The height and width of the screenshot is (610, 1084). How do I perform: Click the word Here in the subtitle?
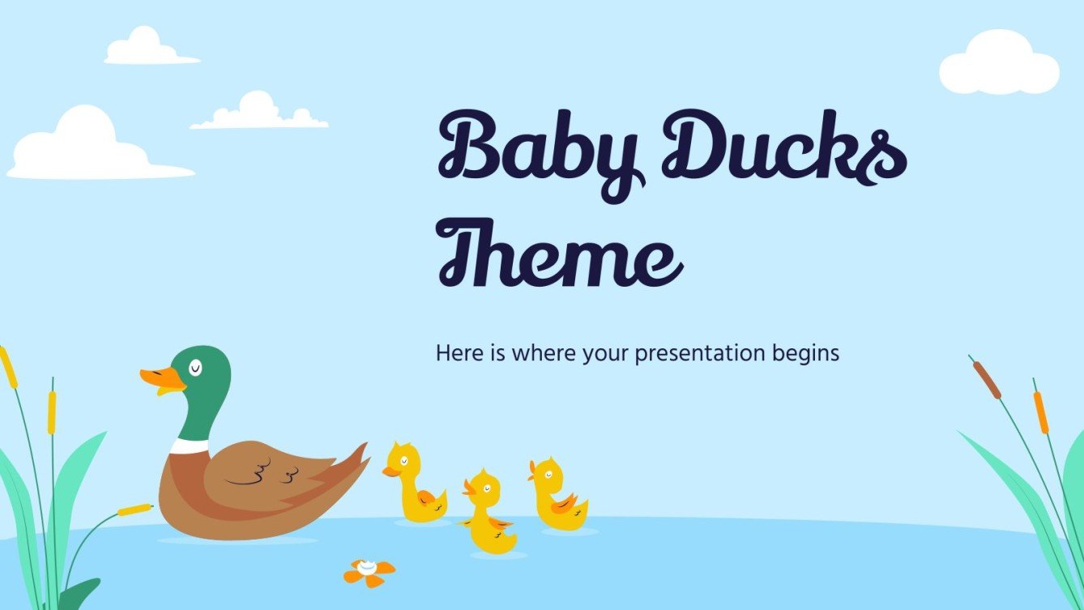click(x=457, y=353)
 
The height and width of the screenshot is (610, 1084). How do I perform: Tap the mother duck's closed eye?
click(x=195, y=369)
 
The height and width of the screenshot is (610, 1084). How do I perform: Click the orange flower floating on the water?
click(x=369, y=572)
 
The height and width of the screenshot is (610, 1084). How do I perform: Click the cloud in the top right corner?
click(x=999, y=64)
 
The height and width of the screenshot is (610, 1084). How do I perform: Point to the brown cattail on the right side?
click(x=986, y=379)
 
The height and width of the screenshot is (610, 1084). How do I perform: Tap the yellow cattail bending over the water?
click(x=134, y=510)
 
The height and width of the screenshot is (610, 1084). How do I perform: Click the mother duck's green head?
click(x=203, y=385)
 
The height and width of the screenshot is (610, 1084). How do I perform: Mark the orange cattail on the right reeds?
click(x=1040, y=412)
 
